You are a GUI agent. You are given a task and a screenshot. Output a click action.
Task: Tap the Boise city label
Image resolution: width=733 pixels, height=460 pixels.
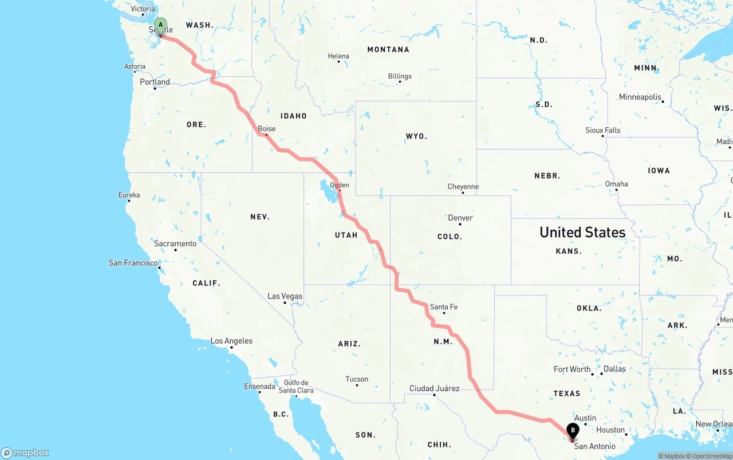(267, 129)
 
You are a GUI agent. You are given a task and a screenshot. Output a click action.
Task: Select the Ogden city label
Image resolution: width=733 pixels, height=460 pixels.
(340, 185)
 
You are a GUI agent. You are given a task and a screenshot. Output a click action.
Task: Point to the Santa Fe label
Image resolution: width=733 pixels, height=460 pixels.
(444, 307)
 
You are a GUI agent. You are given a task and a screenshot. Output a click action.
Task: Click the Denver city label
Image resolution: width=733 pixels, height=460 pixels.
(460, 218)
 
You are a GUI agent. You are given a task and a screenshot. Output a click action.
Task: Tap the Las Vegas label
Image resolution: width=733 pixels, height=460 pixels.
(285, 296)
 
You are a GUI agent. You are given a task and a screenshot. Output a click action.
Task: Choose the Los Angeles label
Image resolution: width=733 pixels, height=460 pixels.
(231, 341)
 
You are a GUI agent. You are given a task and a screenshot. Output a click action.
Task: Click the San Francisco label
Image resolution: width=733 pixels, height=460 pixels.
(133, 263)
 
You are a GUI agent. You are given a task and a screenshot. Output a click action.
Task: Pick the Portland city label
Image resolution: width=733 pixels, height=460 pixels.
(155, 82)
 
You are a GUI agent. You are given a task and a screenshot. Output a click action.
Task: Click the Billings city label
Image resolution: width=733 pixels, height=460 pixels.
(400, 76)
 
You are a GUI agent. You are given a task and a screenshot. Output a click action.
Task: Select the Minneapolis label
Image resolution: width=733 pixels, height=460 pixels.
(640, 97)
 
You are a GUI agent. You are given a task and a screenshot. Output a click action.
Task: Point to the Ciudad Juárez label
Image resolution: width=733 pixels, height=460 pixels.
(434, 388)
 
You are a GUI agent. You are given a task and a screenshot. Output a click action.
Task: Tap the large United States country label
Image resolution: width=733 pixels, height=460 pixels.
(582, 232)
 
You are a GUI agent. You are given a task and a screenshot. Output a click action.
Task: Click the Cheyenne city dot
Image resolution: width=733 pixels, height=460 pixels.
(463, 192)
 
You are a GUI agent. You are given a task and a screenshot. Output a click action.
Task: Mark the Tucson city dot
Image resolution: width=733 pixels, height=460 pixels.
(357, 385)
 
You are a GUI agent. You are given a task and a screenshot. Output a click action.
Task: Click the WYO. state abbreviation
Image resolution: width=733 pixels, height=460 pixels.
(416, 136)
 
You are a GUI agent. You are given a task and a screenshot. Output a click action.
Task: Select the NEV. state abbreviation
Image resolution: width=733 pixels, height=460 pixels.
(260, 217)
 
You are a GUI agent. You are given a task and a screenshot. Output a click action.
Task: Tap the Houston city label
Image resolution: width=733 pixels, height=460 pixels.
(610, 430)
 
